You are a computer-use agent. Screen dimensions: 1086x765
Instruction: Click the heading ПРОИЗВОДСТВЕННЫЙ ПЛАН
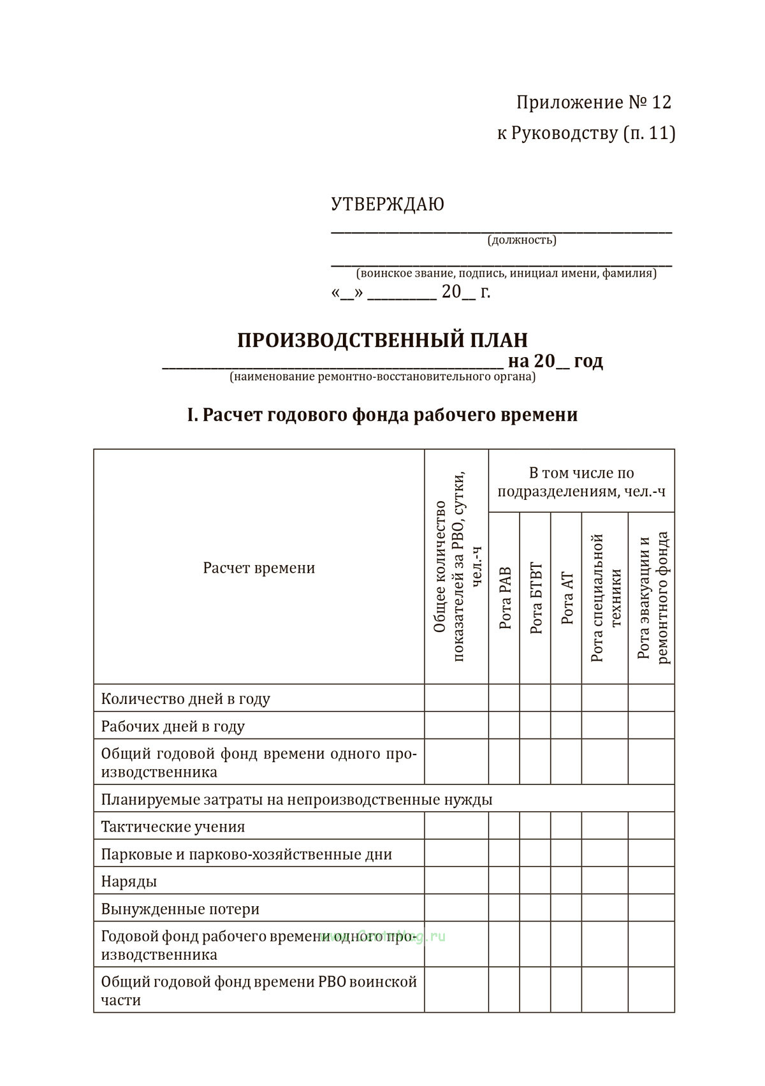[382, 340]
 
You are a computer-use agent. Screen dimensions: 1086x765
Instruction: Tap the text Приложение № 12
[594, 102]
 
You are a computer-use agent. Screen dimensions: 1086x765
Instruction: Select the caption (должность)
[521, 240]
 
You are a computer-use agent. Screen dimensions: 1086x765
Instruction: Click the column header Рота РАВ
[505, 598]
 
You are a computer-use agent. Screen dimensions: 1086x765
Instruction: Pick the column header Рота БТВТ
[535, 598]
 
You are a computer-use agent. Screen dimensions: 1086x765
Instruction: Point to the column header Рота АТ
[567, 598]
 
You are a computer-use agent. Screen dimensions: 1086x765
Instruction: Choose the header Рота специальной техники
[606, 598]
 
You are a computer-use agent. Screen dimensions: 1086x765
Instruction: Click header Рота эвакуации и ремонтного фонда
[652, 598]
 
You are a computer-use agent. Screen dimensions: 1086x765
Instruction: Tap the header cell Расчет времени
[259, 568]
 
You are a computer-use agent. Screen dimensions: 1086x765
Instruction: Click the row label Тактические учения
[173, 826]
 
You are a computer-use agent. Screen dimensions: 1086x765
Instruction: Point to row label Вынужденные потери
[180, 909]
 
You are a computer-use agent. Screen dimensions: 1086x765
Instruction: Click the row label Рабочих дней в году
[173, 726]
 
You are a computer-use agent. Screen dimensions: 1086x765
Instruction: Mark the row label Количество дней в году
[186, 699]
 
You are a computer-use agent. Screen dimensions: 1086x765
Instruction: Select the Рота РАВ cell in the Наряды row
[504, 880]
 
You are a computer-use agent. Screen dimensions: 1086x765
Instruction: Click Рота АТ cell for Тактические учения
[566, 825]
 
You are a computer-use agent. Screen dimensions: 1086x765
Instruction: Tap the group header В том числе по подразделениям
[581, 482]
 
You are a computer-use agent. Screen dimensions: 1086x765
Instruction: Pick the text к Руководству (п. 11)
[586, 133]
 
